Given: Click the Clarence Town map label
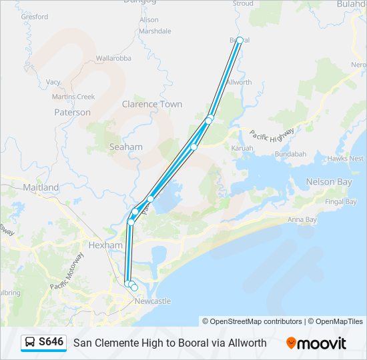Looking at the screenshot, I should (152, 104).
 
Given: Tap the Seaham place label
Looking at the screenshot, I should (125, 147).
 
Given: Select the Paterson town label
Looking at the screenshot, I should (72, 113).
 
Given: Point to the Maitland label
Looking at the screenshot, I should (41, 187).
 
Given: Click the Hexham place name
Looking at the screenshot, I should (105, 245).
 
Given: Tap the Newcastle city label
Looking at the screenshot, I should (153, 301).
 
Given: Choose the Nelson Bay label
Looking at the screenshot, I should (328, 182).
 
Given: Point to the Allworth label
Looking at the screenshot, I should (239, 82).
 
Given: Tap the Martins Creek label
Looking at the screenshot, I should (73, 97).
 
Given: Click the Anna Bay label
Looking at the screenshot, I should (302, 219).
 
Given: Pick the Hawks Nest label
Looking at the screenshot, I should (346, 159).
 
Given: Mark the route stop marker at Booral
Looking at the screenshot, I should (240, 41).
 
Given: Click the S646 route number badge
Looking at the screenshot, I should (51, 342).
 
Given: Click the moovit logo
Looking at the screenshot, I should (316, 343).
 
